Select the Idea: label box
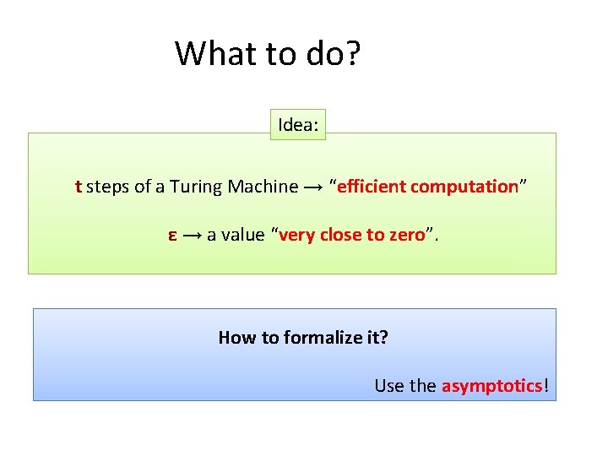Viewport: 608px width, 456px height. click(298, 126)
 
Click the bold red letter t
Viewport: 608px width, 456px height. click(78, 187)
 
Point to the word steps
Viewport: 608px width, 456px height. click(108, 187)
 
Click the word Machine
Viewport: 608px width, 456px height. click(263, 187)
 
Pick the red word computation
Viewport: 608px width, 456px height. click(464, 187)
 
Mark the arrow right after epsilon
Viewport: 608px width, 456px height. click(192, 236)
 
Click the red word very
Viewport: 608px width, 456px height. click(296, 236)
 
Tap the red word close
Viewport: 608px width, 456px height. click(339, 236)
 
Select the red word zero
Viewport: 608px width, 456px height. click(405, 236)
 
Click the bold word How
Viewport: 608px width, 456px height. click(236, 338)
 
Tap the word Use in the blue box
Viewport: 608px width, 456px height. click(389, 386)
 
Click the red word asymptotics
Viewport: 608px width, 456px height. click(491, 386)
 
